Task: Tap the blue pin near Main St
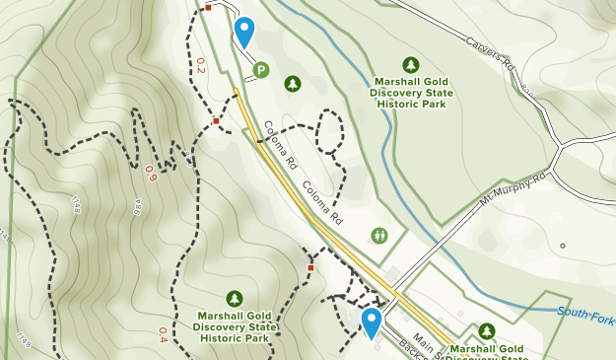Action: coord(371,321)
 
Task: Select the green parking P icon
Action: coord(260,70)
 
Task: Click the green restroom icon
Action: coord(380,235)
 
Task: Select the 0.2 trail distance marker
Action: coord(200,65)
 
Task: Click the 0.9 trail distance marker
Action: coord(150,173)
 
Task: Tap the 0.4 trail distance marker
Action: coord(162,334)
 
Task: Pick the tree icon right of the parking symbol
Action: coord(292,84)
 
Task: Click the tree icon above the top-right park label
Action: coord(411,64)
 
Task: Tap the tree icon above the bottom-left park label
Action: coord(234,298)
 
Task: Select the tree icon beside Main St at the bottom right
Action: coord(486,331)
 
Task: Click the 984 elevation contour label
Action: coord(138,205)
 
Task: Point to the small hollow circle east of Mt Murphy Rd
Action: coord(563,246)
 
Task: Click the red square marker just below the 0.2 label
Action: coord(216,120)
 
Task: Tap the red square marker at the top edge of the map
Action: coord(208,8)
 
